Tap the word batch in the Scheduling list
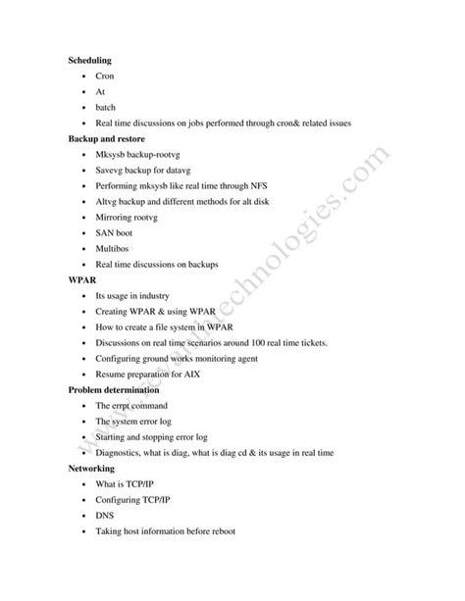[106, 107]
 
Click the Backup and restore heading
[111, 138]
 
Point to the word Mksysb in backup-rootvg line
[113, 154]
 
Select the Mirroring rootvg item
[129, 217]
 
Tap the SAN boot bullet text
[117, 232]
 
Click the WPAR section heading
[83, 279]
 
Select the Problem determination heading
[118, 389]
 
